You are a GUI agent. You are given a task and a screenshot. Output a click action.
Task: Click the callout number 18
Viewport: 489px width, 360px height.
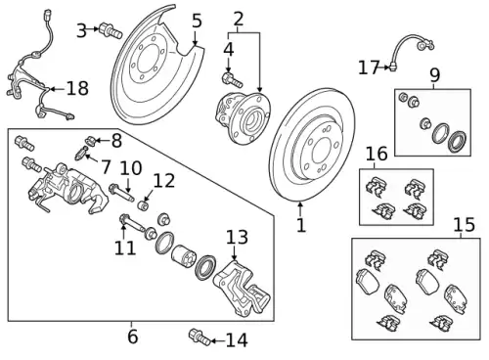(x=77, y=88)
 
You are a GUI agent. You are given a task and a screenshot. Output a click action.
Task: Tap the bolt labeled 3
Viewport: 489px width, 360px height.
(x=111, y=30)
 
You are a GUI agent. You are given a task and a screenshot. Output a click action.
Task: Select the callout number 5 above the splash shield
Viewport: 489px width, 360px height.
(x=197, y=21)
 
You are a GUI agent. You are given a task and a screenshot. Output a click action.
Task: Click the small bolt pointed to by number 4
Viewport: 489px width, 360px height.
(x=232, y=80)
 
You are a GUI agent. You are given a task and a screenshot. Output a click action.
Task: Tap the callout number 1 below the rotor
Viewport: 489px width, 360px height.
(x=301, y=225)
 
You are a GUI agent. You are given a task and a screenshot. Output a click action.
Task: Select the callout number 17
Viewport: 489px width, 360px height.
(x=369, y=67)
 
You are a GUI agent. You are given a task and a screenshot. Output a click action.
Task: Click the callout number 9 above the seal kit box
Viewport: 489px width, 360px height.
(x=435, y=74)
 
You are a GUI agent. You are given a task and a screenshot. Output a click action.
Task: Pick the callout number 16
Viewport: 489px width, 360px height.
(x=377, y=154)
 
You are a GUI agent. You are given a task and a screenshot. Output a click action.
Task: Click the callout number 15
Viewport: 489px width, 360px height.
(x=465, y=225)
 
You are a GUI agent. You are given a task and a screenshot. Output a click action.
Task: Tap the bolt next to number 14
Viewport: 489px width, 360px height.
(x=200, y=338)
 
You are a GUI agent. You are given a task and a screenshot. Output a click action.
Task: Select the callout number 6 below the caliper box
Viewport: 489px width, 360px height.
(x=133, y=337)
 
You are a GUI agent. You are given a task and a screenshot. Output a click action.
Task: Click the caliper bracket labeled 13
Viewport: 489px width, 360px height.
(x=242, y=290)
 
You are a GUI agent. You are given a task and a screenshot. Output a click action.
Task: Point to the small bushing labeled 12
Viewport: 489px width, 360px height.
(x=144, y=205)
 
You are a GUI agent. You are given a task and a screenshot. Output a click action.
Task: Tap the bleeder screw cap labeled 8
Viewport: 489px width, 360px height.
(x=90, y=141)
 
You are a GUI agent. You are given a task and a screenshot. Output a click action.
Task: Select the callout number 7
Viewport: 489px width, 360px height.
(x=106, y=166)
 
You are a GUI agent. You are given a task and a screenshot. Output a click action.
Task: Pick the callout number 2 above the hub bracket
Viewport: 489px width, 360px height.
(x=239, y=20)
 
